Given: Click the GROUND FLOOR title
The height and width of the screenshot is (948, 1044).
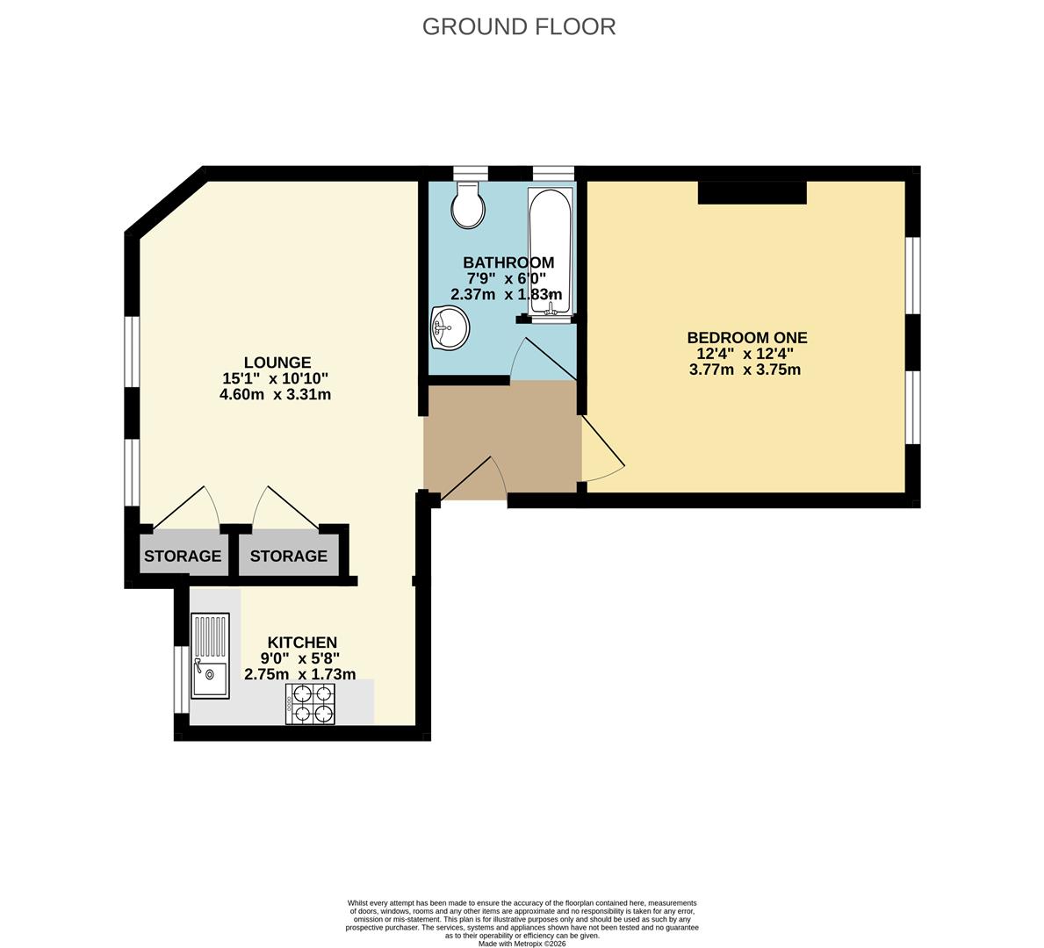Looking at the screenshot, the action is point(519,26).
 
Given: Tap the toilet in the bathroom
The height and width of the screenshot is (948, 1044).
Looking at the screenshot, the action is point(468,204).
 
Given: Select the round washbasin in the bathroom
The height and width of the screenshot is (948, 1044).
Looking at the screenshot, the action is point(450,327).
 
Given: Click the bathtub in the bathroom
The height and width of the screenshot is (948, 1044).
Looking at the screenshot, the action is point(550,251).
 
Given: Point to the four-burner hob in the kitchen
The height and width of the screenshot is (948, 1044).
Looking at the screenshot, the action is point(310,704).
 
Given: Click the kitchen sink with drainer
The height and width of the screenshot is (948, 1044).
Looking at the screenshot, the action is point(211,656).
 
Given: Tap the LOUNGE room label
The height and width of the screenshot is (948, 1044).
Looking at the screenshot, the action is point(277,363).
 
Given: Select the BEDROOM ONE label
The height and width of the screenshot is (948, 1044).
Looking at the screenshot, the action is point(747,338).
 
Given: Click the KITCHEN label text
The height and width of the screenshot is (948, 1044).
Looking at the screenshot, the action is point(302,643).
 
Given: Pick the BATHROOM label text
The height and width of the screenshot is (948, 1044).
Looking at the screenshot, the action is point(508,262).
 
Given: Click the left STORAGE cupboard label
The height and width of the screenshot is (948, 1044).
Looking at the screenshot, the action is point(183,556).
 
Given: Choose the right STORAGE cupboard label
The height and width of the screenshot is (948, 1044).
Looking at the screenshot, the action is point(288,556).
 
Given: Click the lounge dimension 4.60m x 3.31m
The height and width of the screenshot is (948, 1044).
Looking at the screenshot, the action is point(275,395).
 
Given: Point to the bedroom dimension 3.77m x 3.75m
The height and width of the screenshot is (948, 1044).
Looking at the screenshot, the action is point(745,370).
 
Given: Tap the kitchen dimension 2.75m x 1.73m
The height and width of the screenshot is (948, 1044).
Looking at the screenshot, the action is point(299,674).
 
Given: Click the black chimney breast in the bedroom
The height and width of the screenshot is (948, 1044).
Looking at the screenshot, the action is point(752,192).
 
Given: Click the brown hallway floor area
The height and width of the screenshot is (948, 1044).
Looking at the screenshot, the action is point(500,440).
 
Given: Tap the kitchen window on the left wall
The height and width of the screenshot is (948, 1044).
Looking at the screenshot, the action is point(178,679).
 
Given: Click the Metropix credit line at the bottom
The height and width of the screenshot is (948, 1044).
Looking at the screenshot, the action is point(522,944).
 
